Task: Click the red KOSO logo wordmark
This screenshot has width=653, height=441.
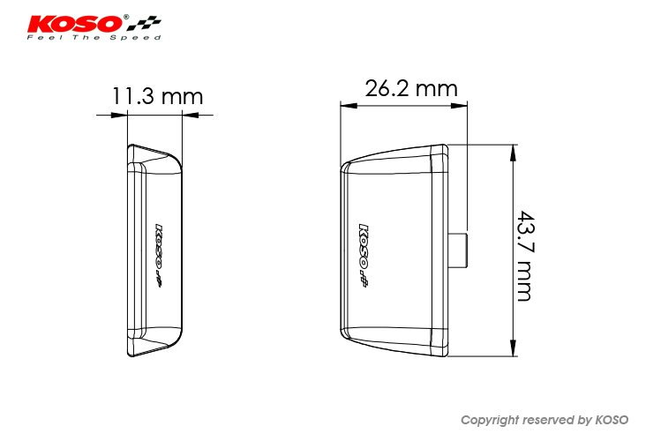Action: tap(75, 24)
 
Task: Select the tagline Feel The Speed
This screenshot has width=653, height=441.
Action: tap(94, 37)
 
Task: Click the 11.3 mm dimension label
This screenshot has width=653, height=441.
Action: tap(157, 96)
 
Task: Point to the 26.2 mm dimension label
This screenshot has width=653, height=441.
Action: tap(411, 88)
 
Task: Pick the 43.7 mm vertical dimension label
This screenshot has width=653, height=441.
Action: tap(525, 256)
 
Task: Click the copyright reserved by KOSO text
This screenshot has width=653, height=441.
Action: tap(544, 420)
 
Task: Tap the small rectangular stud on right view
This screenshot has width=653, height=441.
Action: tap(458, 250)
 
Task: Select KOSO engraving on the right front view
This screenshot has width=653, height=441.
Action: tap(364, 255)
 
